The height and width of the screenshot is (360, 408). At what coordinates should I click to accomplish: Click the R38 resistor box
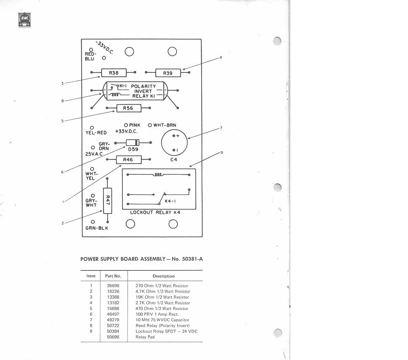pos(114,73)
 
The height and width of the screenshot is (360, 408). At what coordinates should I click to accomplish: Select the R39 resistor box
pos(168,73)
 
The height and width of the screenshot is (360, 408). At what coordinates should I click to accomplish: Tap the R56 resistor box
pos(128,108)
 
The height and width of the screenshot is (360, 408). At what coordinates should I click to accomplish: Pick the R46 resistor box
pos(128,160)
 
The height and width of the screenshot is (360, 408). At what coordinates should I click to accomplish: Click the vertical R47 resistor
pos(107,200)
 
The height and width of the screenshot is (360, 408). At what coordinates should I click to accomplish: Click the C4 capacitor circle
pos(175,143)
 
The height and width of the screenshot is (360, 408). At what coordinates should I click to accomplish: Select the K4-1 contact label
pos(171,201)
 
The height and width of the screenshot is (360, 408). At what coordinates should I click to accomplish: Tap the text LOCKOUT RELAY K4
pos(155,212)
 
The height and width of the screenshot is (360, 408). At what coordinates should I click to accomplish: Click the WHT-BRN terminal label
pos(165,125)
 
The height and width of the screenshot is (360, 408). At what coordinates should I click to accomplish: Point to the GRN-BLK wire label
pos(97,228)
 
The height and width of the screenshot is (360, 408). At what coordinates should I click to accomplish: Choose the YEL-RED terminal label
pos(96,133)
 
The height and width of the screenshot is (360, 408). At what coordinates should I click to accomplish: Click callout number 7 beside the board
pos(221,128)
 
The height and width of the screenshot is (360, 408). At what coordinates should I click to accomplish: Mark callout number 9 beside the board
pos(222,152)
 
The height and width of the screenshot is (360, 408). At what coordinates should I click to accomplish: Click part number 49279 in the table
pos(113,320)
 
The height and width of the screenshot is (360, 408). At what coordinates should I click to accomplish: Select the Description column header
pos(164,276)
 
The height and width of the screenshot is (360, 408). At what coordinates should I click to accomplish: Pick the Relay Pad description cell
pos(145,337)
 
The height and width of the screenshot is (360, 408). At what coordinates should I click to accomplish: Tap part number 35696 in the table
pos(113,286)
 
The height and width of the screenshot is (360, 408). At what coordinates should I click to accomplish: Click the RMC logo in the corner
pos(24,20)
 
